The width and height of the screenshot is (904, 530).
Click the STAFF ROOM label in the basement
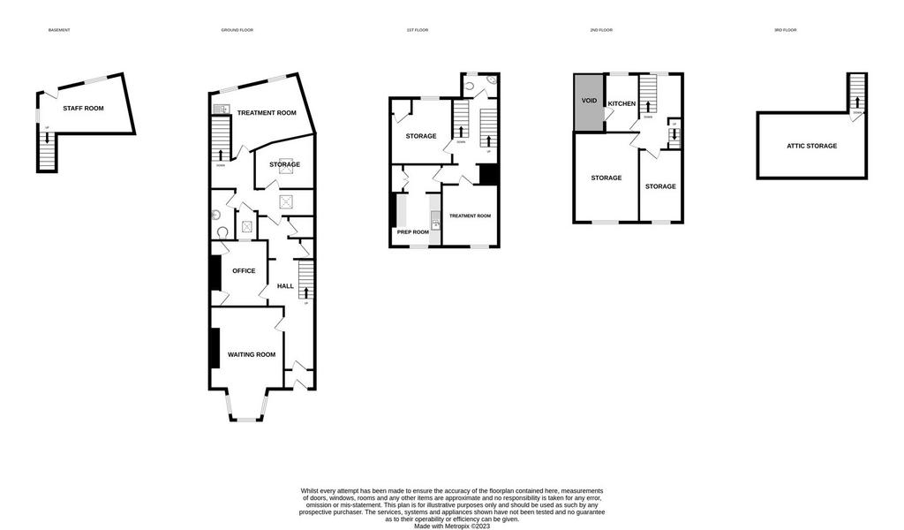pyautogui.click(x=83, y=108)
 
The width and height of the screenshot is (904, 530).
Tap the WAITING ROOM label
pyautogui.click(x=252, y=354)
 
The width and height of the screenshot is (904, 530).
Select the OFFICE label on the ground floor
pyautogui.click(x=243, y=270)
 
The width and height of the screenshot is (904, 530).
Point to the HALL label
pyautogui.click(x=285, y=285)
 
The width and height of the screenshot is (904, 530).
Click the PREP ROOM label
pyautogui.click(x=413, y=232)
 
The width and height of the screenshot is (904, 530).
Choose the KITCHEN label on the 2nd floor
pyautogui.click(x=621, y=103)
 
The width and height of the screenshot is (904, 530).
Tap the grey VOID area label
pyautogui.click(x=589, y=101)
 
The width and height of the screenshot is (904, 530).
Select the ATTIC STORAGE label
pyautogui.click(x=812, y=146)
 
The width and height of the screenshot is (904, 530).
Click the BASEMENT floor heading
pyautogui.click(x=59, y=30)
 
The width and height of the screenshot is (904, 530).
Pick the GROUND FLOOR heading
pyautogui.click(x=237, y=30)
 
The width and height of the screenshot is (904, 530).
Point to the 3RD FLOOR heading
pyautogui.click(x=785, y=30)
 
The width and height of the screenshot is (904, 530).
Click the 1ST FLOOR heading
pyautogui.click(x=417, y=30)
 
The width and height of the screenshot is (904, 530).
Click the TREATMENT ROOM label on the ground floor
pyautogui.click(x=266, y=113)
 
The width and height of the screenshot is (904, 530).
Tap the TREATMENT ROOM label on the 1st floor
pyautogui.click(x=470, y=216)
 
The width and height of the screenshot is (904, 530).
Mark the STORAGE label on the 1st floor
pyautogui.click(x=421, y=136)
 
